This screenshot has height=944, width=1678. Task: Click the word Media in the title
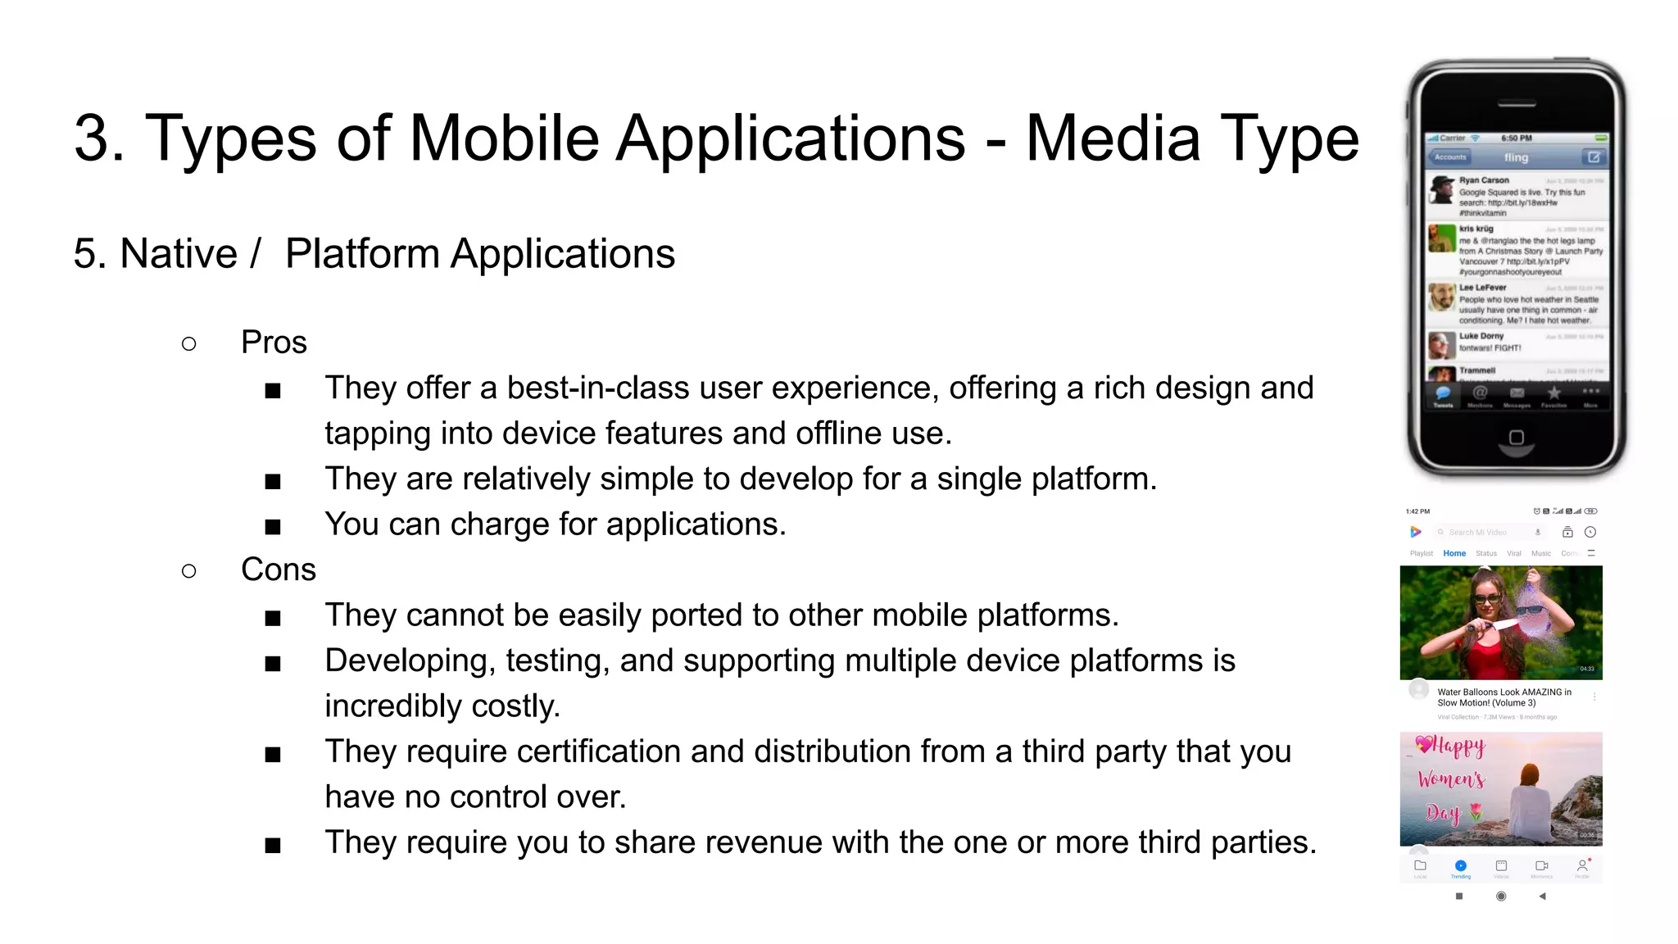coord(1113,138)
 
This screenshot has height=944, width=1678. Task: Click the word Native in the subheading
coord(178,254)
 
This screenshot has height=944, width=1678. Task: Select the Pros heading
coord(274,343)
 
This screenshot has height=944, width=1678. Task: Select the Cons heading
coord(278,570)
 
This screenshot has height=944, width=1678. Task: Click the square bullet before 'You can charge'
coord(273,527)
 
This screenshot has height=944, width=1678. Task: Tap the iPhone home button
coord(1517,438)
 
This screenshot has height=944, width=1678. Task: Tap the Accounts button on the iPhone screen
coord(1450,157)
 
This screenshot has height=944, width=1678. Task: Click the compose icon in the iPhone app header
coord(1593,157)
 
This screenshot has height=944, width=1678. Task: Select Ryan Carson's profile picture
coord(1442,190)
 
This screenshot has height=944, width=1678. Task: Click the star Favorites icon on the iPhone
coord(1553,394)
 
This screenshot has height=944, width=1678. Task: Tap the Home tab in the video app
coord(1454,554)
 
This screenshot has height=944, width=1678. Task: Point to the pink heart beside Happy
coord(1424,744)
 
